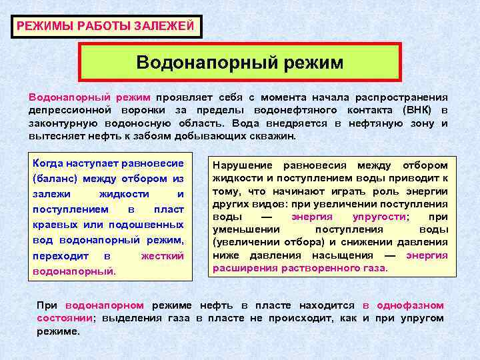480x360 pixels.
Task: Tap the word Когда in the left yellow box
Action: click(49, 163)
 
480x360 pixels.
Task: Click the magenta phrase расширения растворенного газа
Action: click(299, 268)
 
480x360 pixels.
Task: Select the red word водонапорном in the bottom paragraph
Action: click(105, 305)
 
